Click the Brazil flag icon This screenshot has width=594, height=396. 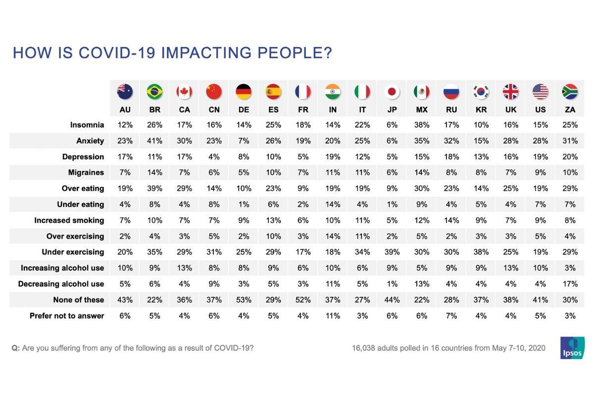pos(154,92)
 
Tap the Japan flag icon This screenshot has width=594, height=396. pos(392,92)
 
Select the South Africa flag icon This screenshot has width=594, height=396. pos(570,92)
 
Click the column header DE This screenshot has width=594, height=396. pos(244,110)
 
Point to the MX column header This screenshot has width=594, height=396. pos(422,110)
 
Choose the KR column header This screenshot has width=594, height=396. pos(481,110)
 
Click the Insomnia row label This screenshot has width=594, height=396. pos(87,125)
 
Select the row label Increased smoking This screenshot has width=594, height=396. pos(69,220)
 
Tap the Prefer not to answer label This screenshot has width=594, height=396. pos(67,315)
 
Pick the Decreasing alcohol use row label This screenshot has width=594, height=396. pos(61,284)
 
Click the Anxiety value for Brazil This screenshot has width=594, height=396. pos(154,141)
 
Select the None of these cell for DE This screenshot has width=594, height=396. pos(244,299)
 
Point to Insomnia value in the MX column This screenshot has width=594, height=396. pos(422,125)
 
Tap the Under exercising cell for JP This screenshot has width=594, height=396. pos(392,252)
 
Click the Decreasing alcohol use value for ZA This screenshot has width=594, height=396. pos(570,284)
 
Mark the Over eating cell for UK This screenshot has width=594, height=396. pos(511,189)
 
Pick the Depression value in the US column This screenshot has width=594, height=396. pos(541,157)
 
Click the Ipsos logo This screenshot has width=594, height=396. pos(572,348)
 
